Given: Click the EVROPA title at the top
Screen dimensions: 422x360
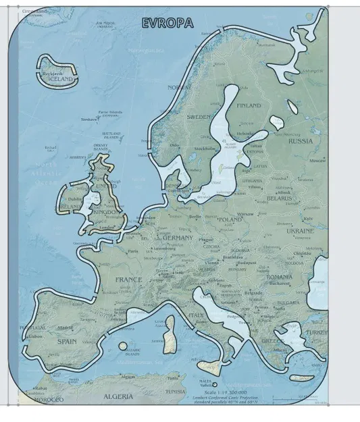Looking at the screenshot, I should [x=168, y=24].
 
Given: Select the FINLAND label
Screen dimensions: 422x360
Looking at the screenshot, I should [x=249, y=106].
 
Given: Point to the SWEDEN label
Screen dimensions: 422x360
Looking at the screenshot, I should [x=199, y=117].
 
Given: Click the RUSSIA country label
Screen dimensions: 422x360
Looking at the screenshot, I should [x=301, y=142].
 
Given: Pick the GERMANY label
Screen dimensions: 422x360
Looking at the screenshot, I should [x=177, y=238].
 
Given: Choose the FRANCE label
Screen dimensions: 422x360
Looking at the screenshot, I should [x=128, y=280].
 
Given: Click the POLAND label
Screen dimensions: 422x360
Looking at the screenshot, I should [x=230, y=219].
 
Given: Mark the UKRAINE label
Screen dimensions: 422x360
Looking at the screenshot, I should [x=300, y=231].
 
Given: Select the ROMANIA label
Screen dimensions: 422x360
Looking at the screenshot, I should [x=279, y=278].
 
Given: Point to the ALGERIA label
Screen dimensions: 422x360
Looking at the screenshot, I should [x=118, y=397].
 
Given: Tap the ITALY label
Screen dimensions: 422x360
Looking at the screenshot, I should [x=196, y=315].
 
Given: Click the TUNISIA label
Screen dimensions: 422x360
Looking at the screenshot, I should [x=175, y=392].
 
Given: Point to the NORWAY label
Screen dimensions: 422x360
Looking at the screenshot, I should [x=179, y=88].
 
